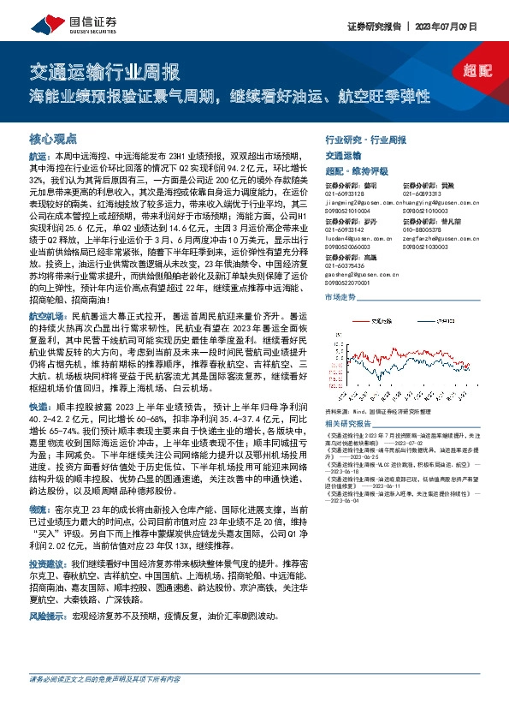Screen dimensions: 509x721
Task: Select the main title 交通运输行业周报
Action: click(104, 70)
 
